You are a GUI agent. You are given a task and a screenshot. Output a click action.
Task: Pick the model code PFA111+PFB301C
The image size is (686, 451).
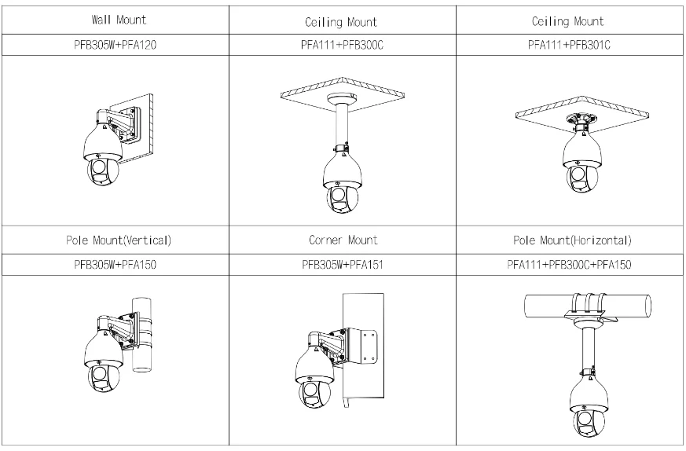(569, 45)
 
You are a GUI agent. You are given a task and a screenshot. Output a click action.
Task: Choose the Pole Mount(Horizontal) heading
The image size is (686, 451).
(569, 239)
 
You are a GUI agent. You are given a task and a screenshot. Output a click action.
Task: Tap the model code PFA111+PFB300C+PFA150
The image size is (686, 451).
(569, 266)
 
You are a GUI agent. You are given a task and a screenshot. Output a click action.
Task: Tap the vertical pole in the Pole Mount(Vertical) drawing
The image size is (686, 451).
(142, 339)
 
